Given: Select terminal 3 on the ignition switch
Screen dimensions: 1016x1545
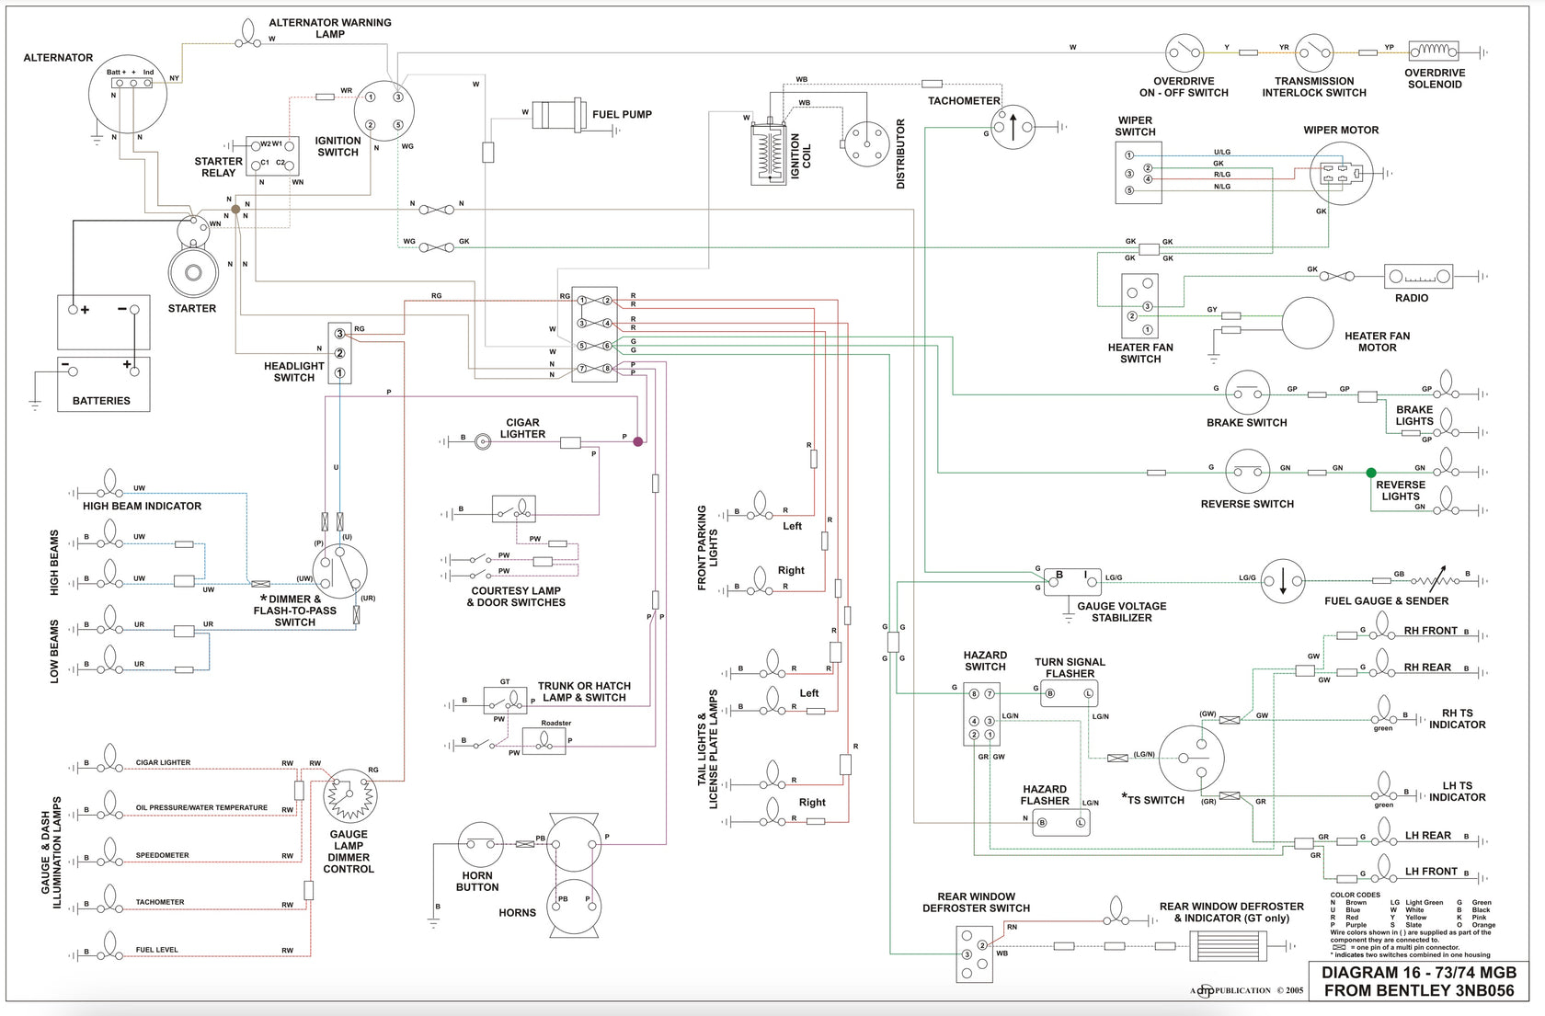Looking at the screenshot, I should [x=398, y=97].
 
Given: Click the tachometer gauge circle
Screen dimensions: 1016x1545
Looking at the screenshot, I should [x=1013, y=127].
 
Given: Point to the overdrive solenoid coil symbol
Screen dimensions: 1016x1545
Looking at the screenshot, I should [x=1433, y=51].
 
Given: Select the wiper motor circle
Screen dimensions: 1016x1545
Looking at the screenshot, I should [x=1341, y=173].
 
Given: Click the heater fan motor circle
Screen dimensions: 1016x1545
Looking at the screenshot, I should [x=1307, y=324].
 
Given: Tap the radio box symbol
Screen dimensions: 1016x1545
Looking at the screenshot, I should [x=1417, y=276].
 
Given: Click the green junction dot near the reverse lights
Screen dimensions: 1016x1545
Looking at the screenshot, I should [x=1371, y=473].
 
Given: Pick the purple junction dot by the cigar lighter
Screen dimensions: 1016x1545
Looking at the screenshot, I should [x=637, y=441].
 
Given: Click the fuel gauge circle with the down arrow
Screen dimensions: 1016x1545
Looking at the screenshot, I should [x=1283, y=581].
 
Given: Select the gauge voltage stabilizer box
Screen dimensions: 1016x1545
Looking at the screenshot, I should [x=1071, y=581].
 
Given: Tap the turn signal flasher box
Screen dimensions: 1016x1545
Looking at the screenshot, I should [x=1069, y=693].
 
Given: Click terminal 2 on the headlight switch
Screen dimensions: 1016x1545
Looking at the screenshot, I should [x=339, y=353].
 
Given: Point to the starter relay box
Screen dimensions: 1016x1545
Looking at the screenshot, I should [x=272, y=156].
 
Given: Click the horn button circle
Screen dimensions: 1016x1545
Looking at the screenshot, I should [x=481, y=844].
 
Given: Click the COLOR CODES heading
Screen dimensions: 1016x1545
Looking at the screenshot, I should [x=1355, y=895].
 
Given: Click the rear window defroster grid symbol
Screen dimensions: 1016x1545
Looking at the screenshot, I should [x=1228, y=946].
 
